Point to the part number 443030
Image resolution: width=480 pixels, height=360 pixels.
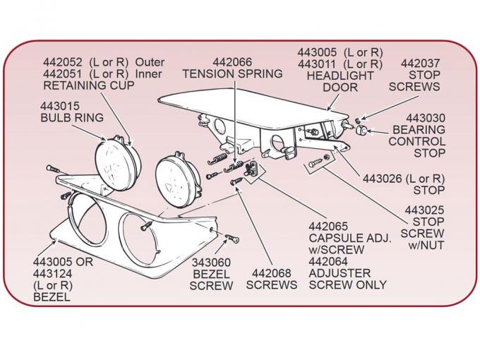425,118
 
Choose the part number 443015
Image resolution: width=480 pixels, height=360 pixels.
60,104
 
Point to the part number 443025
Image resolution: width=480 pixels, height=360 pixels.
423,210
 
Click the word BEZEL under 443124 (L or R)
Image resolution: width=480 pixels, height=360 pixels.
52,297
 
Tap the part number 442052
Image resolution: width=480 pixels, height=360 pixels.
65,62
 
